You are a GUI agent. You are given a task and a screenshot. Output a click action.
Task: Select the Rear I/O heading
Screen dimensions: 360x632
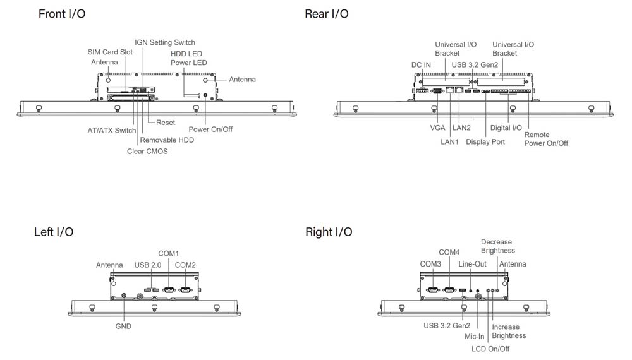click(x=326, y=14)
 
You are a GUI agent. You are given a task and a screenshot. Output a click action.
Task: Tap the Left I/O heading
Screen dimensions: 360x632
click(x=54, y=232)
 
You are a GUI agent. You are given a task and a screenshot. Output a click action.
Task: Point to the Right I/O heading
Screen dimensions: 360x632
click(x=329, y=232)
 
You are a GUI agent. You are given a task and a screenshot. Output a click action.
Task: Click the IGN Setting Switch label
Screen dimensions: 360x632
click(x=165, y=42)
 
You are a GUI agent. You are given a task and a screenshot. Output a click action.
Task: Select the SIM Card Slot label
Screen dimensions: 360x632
click(x=110, y=52)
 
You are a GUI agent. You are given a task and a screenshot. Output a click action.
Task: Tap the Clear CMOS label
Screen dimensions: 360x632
click(x=147, y=152)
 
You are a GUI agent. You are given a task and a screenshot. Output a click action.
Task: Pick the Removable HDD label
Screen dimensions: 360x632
click(x=167, y=140)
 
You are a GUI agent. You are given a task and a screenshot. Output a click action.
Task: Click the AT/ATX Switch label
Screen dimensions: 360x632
click(x=111, y=131)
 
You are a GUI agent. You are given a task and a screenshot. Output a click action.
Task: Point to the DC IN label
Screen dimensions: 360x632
click(x=421, y=64)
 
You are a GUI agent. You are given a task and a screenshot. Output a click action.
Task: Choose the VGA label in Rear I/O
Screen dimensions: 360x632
click(x=437, y=128)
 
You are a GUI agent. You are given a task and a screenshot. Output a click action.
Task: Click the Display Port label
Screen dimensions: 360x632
click(x=485, y=142)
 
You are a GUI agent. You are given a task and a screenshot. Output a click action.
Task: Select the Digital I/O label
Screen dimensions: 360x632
click(x=506, y=128)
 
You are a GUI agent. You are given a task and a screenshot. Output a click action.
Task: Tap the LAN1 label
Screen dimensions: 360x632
click(x=449, y=142)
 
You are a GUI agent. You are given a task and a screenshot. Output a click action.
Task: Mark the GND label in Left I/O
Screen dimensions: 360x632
click(x=123, y=327)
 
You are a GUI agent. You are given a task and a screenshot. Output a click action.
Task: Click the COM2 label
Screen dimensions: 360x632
click(x=185, y=265)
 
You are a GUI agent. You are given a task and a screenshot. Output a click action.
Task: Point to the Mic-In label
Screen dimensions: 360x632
click(x=475, y=337)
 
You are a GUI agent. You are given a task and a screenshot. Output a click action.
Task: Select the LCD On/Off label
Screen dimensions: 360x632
click(x=490, y=349)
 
